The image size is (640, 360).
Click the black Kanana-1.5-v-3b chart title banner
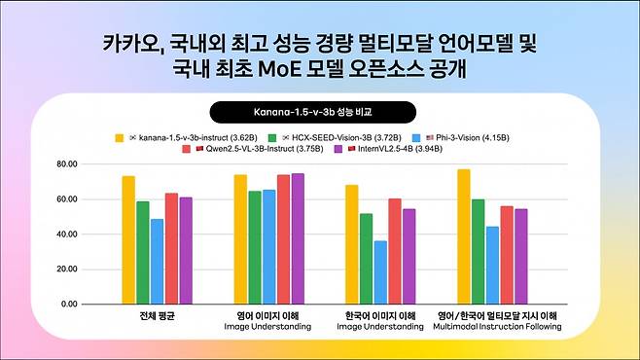319,112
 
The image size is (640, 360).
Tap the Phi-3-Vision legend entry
453,138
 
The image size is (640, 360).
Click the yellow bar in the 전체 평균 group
128,239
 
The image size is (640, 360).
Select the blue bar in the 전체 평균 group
157,261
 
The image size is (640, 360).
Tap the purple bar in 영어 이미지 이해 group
298,238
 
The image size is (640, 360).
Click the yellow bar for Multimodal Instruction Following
464,236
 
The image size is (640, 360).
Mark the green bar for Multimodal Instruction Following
479,251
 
